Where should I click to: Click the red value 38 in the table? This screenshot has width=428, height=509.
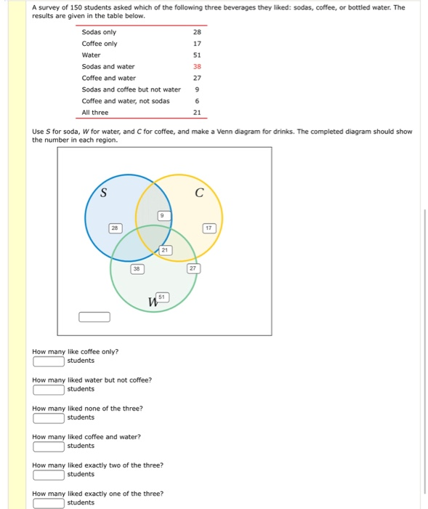coord(197,66)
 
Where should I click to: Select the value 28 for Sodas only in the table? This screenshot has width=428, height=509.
coord(197,32)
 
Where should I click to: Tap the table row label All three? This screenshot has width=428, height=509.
coord(95,112)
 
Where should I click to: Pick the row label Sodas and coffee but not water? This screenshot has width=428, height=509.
coord(131,89)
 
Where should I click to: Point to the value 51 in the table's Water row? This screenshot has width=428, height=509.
coord(197,55)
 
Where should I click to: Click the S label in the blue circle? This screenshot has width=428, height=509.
coord(103,193)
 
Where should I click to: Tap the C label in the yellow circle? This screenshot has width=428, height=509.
coord(198,193)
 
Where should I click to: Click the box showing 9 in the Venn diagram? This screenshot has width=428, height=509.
coord(164,215)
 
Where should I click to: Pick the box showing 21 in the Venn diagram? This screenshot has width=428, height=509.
coord(165,250)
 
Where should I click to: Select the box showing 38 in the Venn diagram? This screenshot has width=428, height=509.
coord(135,268)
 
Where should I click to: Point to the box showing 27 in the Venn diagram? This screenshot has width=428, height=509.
coord(193,268)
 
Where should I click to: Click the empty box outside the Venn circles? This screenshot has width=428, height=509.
coord(94,316)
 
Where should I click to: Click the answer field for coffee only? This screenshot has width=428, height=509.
coord(49,361)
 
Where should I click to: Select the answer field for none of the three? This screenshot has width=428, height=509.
coord(49,417)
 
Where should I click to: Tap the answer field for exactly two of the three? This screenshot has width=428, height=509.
coord(49,474)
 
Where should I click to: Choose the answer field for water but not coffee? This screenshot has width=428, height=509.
coord(49,389)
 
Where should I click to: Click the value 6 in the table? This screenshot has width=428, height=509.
coord(197,100)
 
